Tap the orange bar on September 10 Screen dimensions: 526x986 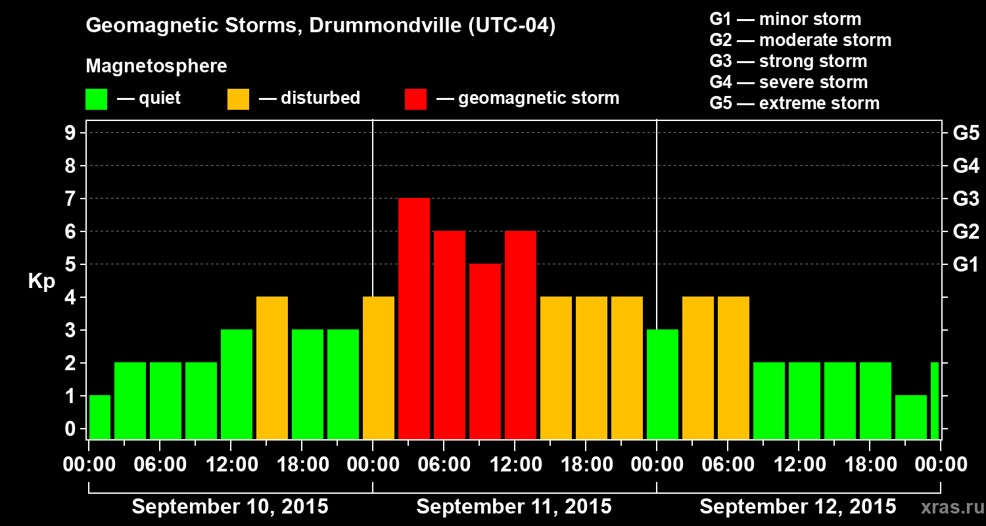272,368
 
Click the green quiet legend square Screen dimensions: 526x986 96,99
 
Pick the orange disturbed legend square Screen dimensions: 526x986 238,99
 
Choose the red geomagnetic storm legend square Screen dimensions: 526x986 415,99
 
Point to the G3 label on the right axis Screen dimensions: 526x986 966,199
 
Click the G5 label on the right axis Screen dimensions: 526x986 966,133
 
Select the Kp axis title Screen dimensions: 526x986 41,281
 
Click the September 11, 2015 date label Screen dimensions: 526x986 514,507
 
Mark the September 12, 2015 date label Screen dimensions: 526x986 797,507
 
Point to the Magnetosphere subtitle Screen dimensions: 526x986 156,66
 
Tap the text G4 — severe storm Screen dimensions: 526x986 789,82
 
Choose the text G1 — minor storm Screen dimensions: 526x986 786,19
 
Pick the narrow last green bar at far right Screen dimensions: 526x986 935,401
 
